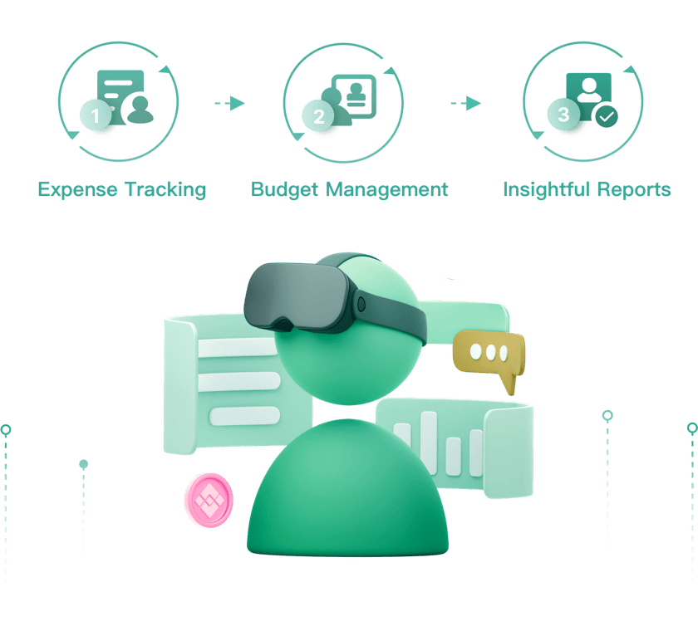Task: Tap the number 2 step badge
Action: pos(318,117)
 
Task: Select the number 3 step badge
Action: pos(563,115)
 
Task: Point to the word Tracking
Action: pos(165,189)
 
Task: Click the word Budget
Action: pos(285,189)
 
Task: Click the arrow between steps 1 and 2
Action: pos(230,103)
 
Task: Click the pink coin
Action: pos(209,500)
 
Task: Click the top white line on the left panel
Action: pos(236,348)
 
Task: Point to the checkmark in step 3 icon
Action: pos(608,117)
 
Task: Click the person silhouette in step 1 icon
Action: pos(140,109)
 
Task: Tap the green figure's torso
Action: pos(347,490)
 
